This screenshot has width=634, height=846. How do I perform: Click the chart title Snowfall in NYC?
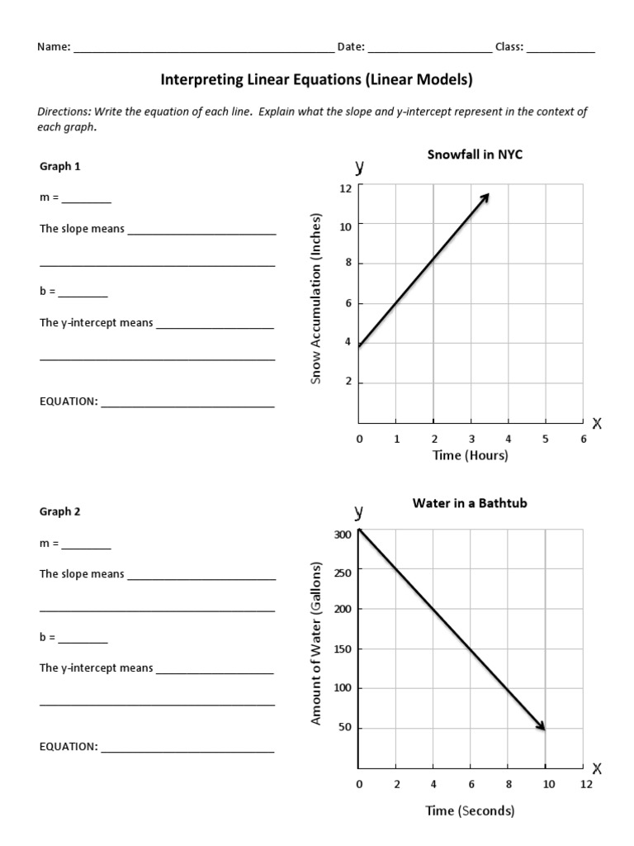pos(475,154)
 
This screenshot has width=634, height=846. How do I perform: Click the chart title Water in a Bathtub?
pos(469,502)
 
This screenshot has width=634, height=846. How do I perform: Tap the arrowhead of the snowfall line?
pos(486,197)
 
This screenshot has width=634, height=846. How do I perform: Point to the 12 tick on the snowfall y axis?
pos(346,189)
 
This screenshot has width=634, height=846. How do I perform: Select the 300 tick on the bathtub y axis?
pos(343,535)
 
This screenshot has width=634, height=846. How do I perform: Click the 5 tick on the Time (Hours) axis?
pos(545,440)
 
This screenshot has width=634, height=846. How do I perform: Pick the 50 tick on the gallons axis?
pos(346,729)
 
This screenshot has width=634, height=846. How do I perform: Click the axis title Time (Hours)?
pos(471,455)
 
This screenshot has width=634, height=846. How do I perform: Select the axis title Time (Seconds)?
pos(470,810)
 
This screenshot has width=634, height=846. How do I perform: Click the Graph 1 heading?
pos(60,166)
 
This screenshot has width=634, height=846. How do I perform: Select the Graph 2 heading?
pos(60,511)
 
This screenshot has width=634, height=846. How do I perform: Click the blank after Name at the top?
pos(203,48)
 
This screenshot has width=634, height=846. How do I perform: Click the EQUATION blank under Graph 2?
pos(187,748)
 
